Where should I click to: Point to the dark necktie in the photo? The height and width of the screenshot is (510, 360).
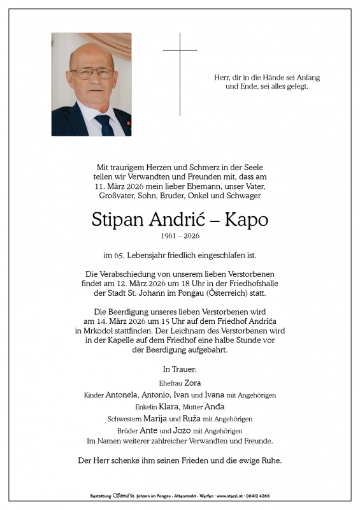point(103,125)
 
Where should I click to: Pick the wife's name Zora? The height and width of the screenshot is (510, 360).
point(192,382)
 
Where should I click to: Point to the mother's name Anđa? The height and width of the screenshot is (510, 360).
point(214,406)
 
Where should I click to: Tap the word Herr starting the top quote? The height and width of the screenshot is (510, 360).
point(222,77)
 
